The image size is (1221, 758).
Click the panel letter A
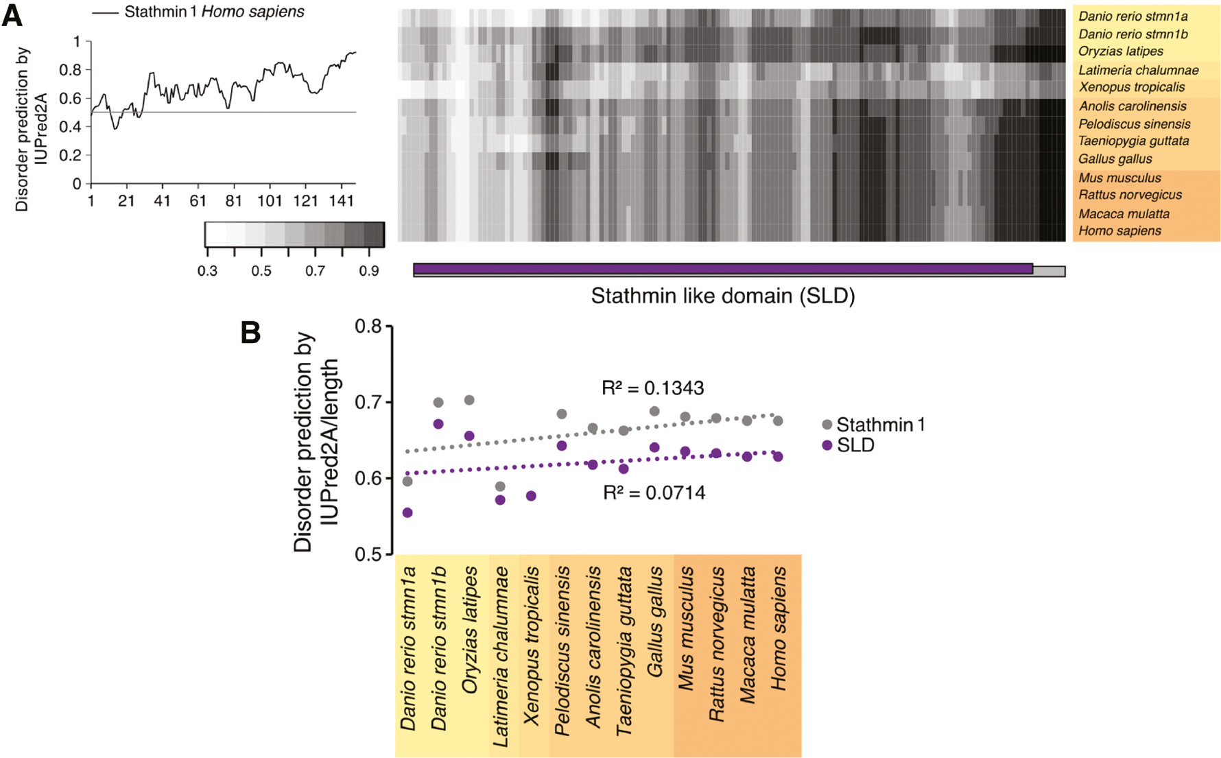[12, 15]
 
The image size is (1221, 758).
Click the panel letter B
[250, 333]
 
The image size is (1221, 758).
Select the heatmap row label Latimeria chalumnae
[1138, 70]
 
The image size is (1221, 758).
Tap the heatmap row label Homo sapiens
[1119, 231]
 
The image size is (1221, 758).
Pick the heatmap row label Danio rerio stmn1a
[1133, 16]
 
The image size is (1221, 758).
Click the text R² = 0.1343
[652, 388]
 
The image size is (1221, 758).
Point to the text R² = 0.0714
[654, 493]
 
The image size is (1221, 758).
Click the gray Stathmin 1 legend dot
[827, 425]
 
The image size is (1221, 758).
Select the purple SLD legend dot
[827, 446]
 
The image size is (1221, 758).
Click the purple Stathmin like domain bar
[722, 269]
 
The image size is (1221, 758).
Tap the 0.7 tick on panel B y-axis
[368, 402]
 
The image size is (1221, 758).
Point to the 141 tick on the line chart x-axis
[342, 201]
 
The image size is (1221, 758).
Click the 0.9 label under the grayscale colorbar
[368, 271]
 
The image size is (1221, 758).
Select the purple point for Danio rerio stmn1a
[407, 512]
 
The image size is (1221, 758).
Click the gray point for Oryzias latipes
[469, 400]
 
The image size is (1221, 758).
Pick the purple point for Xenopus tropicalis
[531, 496]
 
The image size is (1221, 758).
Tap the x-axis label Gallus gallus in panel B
[655, 621]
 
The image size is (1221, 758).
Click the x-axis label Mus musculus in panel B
[686, 628]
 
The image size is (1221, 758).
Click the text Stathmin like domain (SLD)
[722, 296]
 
